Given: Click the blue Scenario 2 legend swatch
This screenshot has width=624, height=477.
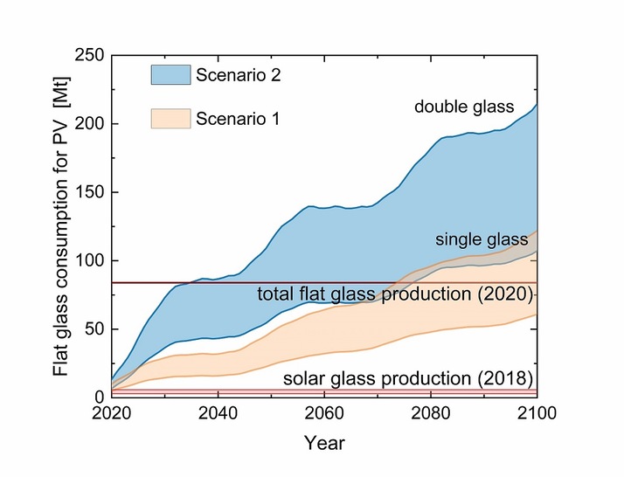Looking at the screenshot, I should click(177, 75).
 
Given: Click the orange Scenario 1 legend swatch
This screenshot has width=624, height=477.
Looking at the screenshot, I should click(177, 118).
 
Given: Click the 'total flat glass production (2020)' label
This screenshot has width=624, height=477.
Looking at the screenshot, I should click(394, 294).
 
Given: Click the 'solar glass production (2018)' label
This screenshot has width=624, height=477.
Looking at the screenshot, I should click(407, 379).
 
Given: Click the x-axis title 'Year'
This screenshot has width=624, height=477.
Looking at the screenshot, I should click(324, 444).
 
